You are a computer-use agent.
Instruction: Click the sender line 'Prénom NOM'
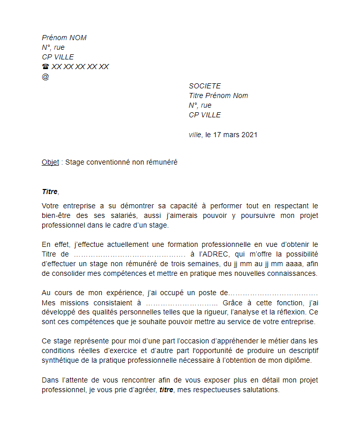coord(64,38)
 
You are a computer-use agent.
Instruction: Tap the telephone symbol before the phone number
coord(45,67)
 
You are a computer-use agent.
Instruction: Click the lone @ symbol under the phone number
coord(45,77)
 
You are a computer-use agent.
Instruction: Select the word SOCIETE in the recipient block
coord(205,86)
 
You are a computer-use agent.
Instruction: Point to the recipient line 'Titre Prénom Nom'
coord(218,96)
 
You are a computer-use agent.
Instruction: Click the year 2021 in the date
coord(249,135)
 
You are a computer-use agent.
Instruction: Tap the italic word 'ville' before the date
coord(195,135)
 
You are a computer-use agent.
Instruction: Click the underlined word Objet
coord(50,162)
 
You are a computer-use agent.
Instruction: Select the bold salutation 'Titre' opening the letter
coord(50,192)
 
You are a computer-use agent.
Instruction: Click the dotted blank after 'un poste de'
coord(274,293)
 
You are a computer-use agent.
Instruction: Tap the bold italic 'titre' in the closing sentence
coord(166,390)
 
